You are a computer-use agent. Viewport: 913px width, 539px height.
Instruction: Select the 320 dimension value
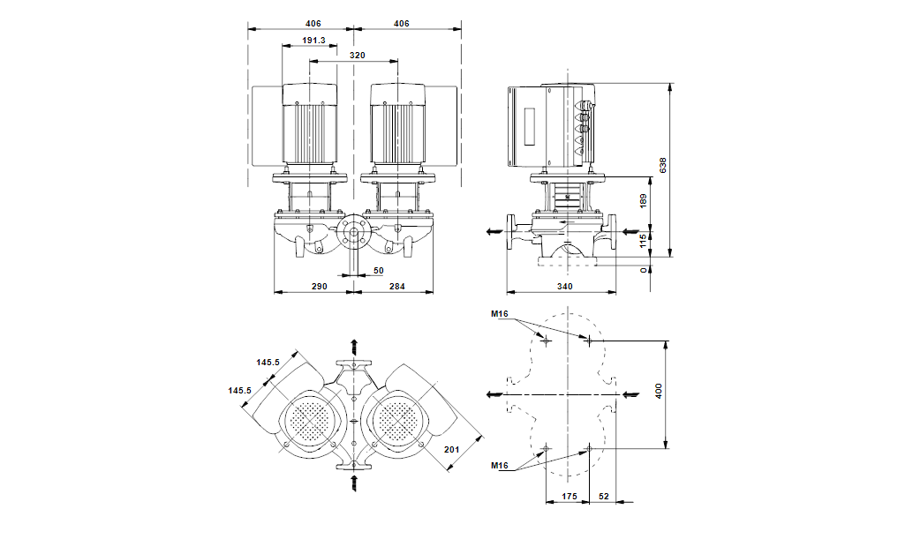357,56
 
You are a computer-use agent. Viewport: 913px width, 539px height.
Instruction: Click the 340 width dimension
565,286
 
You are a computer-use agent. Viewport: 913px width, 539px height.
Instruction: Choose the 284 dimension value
398,286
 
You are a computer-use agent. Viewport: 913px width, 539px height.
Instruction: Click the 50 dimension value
378,271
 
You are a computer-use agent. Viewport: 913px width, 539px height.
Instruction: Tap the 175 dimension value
570,498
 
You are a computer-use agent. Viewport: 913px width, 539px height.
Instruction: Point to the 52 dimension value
605,498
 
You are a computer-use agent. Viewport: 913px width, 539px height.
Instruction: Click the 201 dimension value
451,450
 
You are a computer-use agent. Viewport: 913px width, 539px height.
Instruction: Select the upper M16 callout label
501,314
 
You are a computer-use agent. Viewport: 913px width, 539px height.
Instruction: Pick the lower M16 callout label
501,465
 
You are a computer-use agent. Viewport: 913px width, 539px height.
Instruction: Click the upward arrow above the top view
354,345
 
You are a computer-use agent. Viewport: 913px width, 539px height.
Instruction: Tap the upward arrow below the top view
354,481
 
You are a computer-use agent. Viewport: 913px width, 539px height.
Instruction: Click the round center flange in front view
353,234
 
